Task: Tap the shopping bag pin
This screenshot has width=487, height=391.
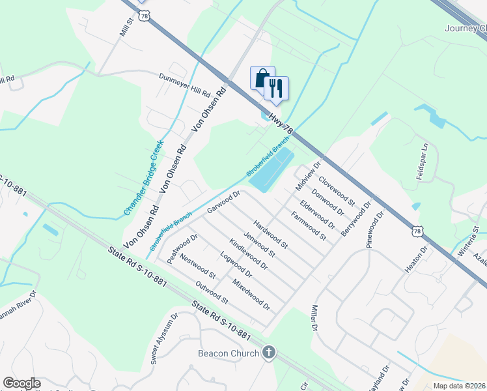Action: coord(262,80)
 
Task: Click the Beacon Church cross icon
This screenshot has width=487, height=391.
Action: coord(268,354)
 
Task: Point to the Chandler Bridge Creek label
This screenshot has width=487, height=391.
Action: coord(143,179)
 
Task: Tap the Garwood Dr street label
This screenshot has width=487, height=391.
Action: coord(224,201)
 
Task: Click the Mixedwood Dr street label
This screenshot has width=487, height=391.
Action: coord(251,294)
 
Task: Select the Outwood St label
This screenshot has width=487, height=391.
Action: coord(212,293)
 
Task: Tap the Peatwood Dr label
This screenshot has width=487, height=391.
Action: coord(182,248)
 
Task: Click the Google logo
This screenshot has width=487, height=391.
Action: coord(21,383)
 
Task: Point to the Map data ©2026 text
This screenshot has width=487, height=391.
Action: coord(459,385)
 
